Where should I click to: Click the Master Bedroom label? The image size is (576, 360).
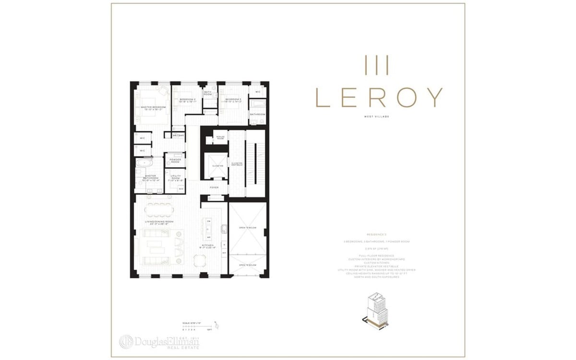coord(153,108)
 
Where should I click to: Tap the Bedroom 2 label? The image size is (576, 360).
coord(185,101)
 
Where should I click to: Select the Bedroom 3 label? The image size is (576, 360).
coord(231,101)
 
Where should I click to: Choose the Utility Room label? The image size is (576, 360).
coord(175,177)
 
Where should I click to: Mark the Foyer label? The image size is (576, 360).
coord(214,187)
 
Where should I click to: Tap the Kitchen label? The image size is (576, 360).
coord(207,246)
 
